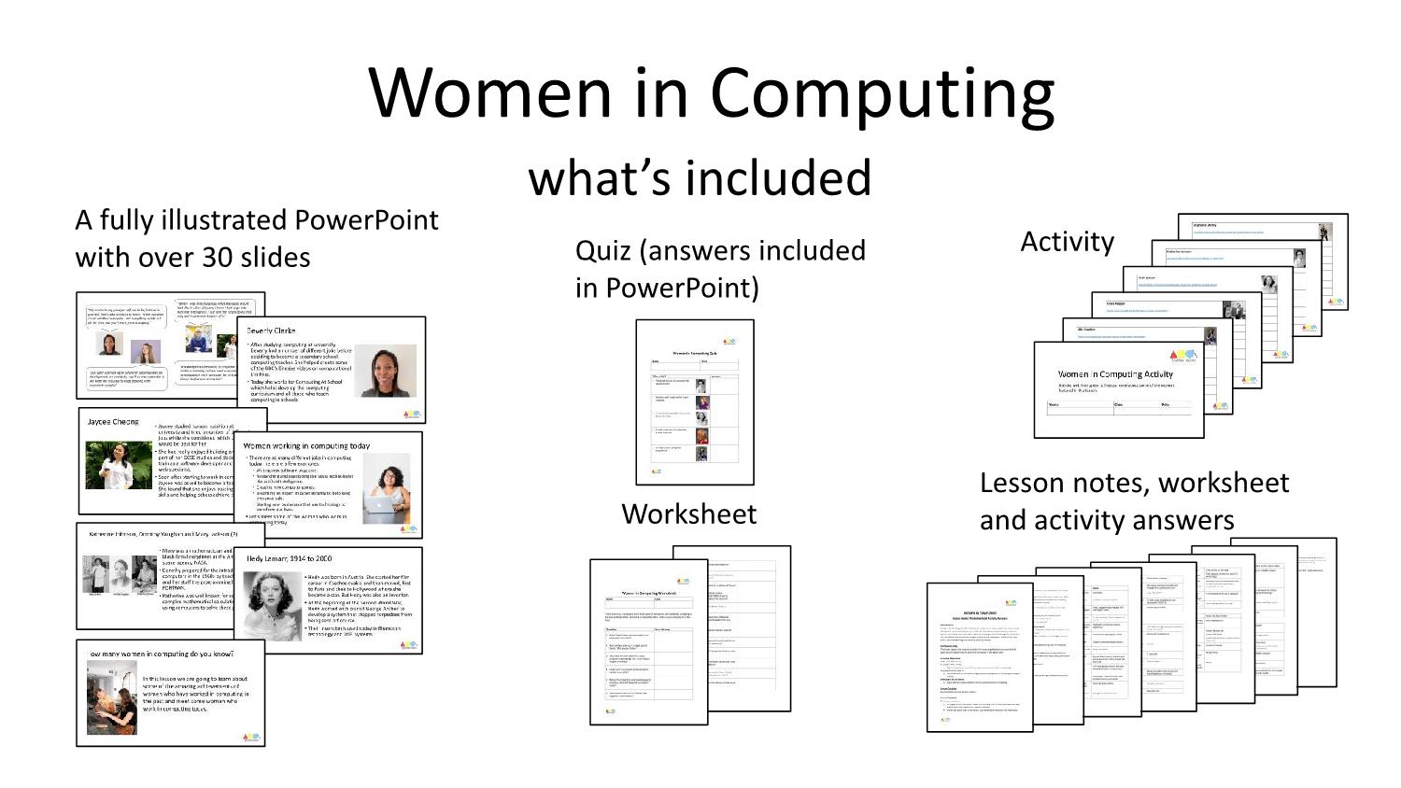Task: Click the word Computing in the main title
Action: pos(882,93)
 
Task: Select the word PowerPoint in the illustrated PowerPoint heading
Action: pos(366,220)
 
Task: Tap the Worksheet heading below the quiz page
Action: pos(688,514)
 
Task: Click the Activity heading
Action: pos(1067,242)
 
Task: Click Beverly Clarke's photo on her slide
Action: pos(385,372)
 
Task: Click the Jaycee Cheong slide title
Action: pos(113,422)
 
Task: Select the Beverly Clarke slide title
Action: pos(271,331)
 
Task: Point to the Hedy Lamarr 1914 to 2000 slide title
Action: pos(289,558)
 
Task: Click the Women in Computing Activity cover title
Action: pos(1115,374)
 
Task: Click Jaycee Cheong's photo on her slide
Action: pos(119,466)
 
